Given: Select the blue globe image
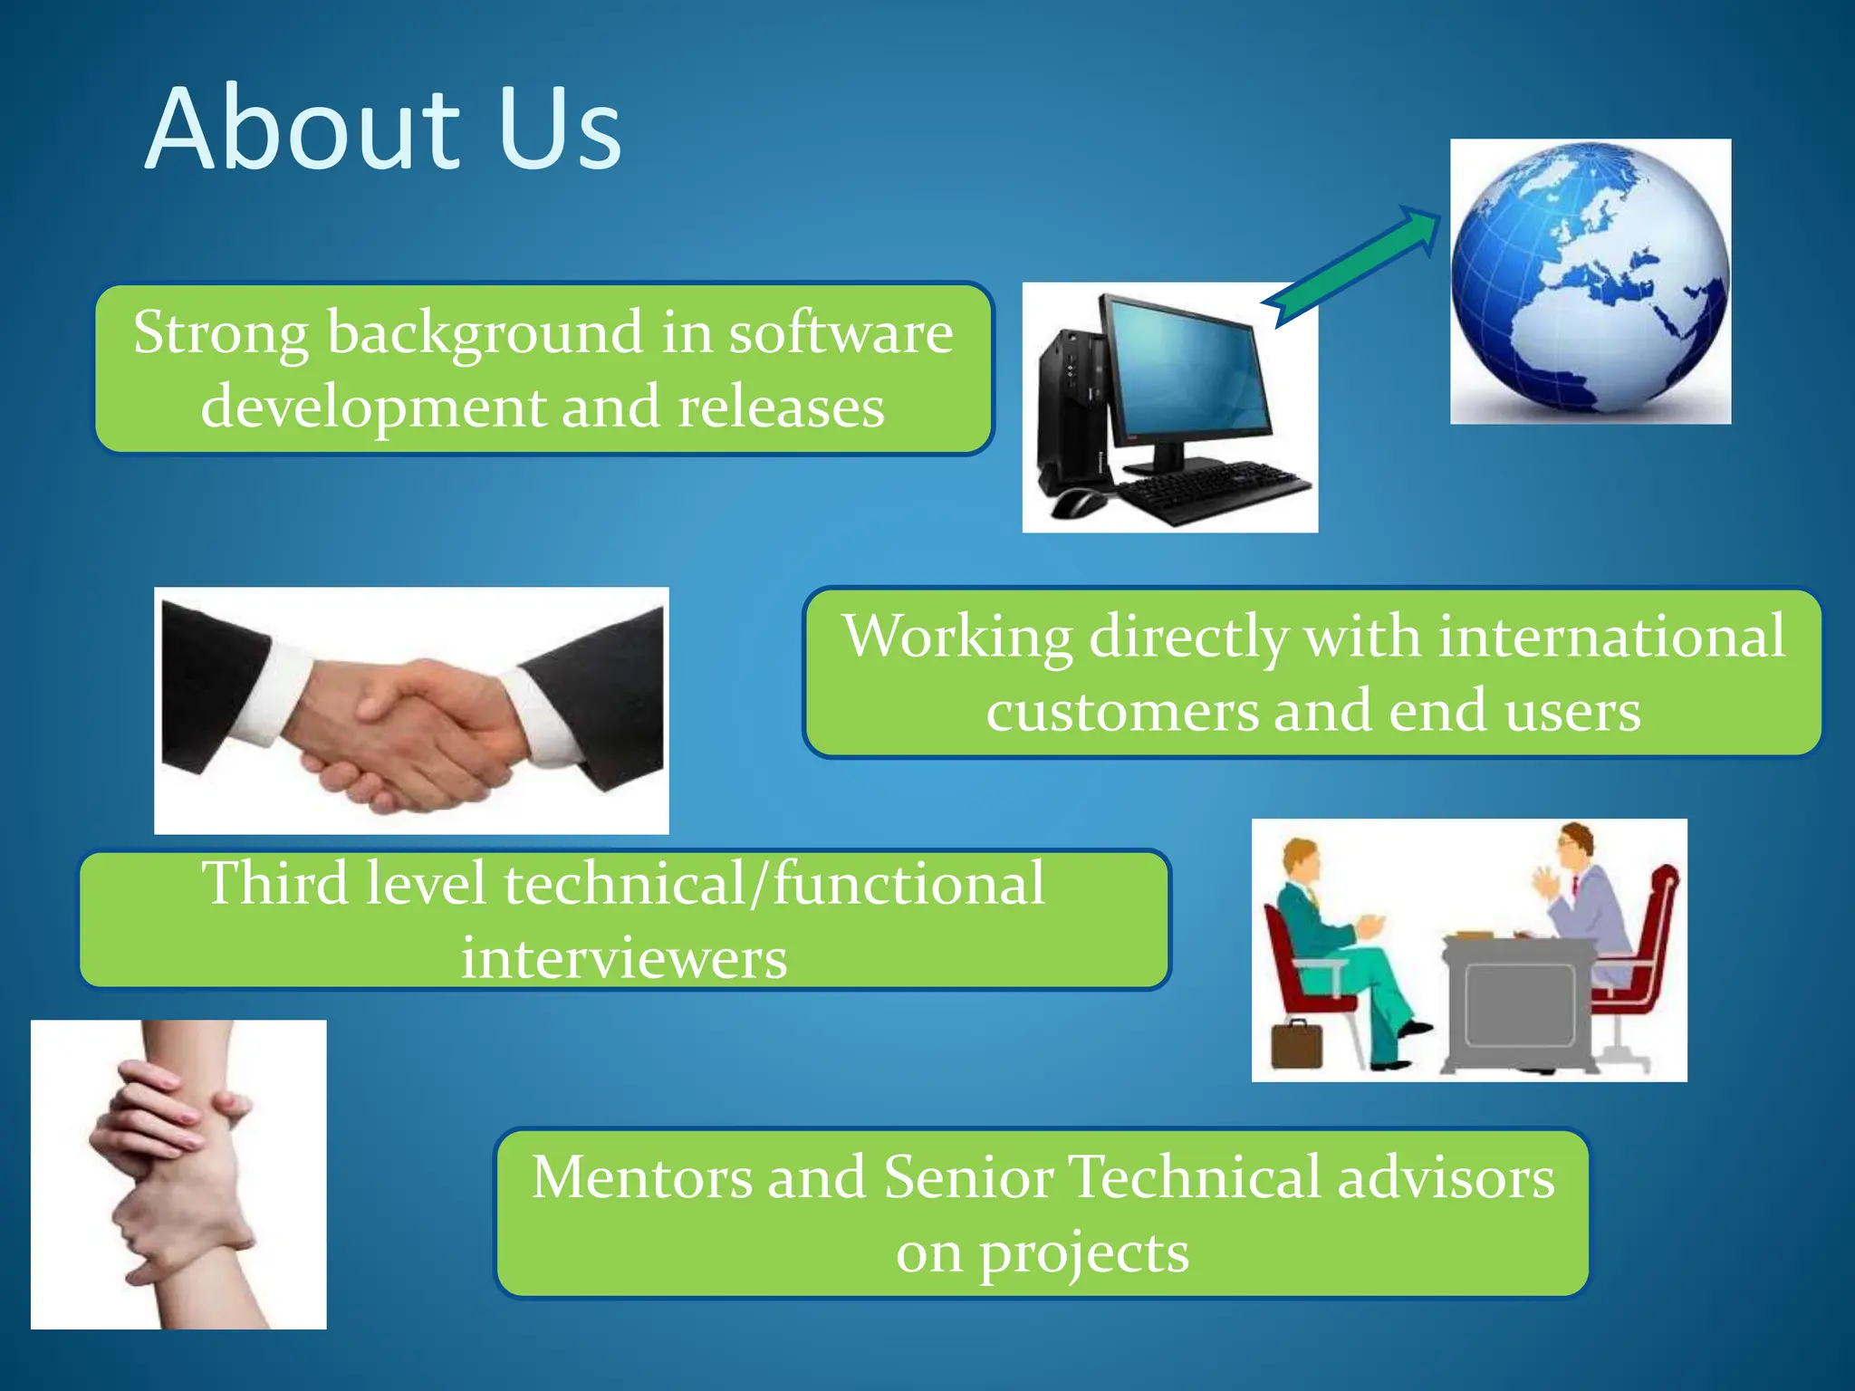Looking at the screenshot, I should tap(1590, 280).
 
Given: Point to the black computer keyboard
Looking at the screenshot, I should tap(1214, 490).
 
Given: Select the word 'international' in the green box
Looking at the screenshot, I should tap(1611, 637).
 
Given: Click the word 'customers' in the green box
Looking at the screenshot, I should tap(1122, 711).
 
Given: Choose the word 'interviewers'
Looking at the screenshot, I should tap(624, 958).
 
